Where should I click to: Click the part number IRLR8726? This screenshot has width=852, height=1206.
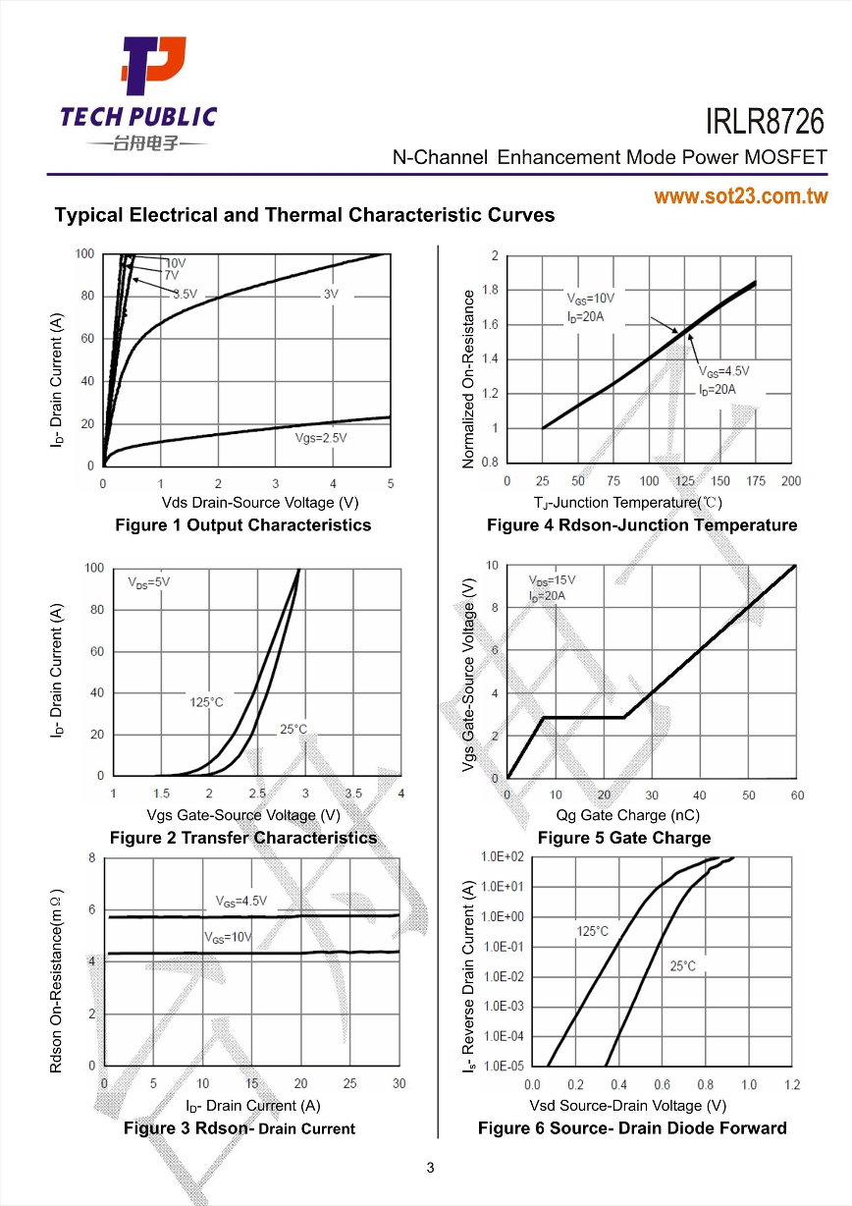point(766,123)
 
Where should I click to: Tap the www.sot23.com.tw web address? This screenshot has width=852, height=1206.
point(741,196)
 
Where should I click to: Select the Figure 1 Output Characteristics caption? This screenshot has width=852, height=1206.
point(243,524)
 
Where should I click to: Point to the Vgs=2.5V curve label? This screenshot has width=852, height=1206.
point(322,438)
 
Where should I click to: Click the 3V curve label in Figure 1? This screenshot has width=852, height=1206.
point(331,294)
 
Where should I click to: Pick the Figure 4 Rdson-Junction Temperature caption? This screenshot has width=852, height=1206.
point(642,524)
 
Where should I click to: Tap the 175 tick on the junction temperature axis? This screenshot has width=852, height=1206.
point(756,481)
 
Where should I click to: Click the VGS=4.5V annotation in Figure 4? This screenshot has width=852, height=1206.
point(723,371)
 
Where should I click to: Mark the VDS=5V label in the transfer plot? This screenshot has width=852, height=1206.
point(149,581)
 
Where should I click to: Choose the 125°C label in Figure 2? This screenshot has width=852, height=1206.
point(206,701)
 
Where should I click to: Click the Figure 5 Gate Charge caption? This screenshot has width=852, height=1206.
point(623,838)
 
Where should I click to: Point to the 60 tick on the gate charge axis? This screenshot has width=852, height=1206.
point(796,795)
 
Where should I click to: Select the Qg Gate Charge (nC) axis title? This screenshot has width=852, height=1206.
point(628,815)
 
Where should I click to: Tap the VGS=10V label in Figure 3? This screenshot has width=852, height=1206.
point(228,937)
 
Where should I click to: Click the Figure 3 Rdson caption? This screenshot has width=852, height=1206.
point(240,1128)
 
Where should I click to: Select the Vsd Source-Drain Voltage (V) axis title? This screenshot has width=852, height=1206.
point(628,1105)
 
